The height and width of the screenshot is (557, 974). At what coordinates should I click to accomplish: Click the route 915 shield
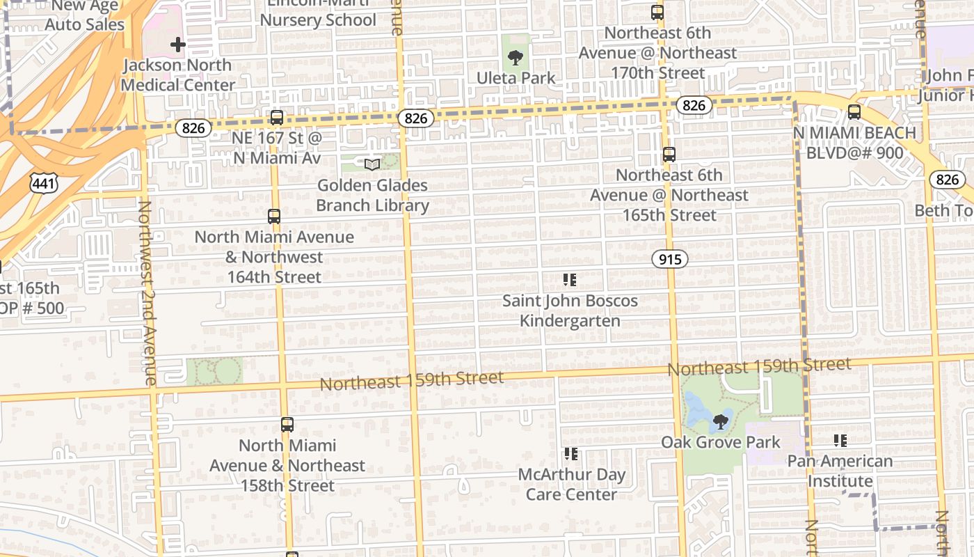[670, 259]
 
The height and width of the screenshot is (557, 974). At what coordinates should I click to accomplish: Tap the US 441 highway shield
[44, 184]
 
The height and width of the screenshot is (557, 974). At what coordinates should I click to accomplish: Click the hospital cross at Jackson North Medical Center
[178, 45]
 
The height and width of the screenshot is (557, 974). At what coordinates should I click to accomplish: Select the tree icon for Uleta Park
[516, 57]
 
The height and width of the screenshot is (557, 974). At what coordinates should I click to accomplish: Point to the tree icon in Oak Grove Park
[721, 421]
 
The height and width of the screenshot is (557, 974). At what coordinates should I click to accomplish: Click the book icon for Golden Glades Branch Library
[373, 164]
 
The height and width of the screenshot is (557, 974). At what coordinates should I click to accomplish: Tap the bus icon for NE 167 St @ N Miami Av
[277, 117]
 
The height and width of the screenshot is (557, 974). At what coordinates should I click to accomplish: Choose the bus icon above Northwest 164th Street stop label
[274, 216]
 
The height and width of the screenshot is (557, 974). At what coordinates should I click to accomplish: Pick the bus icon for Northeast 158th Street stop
[287, 424]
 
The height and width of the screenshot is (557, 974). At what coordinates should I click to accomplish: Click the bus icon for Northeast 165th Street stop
[669, 155]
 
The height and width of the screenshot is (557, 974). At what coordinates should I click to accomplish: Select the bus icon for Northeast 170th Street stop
[657, 12]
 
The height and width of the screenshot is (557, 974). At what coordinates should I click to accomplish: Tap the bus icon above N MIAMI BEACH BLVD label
[854, 111]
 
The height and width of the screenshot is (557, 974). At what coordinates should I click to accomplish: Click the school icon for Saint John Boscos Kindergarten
[570, 280]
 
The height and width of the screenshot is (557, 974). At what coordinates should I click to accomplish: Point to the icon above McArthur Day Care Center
[571, 454]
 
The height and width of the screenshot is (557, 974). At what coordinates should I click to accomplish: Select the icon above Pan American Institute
[840, 440]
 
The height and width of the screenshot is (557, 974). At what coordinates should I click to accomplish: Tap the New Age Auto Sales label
[85, 15]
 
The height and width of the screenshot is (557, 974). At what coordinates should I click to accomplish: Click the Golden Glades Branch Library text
[373, 196]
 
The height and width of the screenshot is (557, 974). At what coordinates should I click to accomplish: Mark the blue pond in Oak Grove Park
[698, 410]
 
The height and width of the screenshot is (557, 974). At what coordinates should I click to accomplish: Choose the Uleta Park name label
[516, 78]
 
